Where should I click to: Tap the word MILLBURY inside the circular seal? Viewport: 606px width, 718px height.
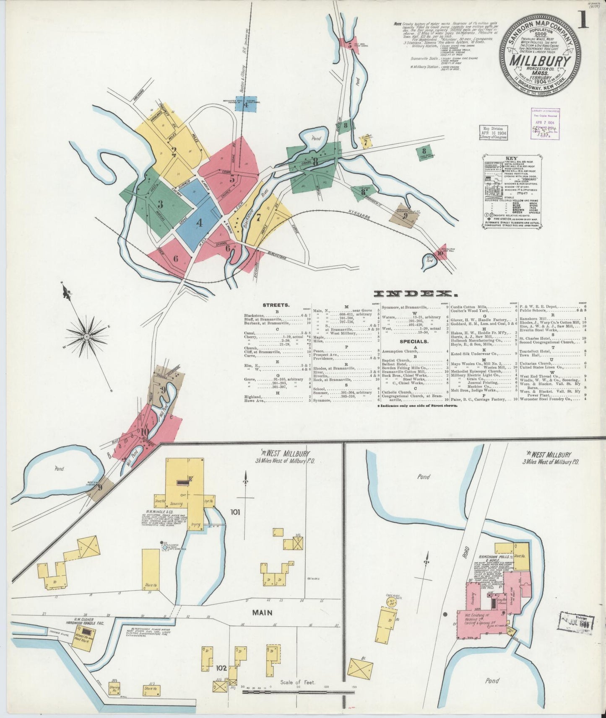(540, 61)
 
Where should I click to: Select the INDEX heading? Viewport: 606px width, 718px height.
(413, 294)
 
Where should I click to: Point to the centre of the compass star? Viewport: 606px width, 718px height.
(87, 336)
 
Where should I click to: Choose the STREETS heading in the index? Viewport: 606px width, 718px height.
(276, 305)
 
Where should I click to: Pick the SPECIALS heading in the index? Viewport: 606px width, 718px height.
(414, 341)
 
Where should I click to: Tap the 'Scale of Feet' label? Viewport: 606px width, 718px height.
(299, 682)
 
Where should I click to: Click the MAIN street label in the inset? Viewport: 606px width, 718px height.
(262, 612)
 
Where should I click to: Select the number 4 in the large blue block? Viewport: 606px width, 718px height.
(200, 223)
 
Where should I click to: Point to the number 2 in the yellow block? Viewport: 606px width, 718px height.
(173, 152)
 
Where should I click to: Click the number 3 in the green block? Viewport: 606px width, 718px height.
(160, 204)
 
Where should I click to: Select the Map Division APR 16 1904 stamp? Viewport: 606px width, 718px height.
(494, 132)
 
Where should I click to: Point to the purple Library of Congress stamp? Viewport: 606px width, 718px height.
(546, 121)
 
